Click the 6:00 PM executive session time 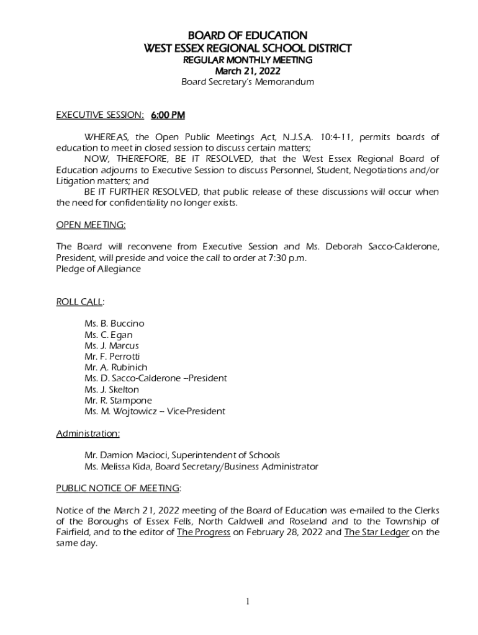coord(168,115)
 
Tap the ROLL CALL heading coord(79,301)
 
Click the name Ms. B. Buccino coord(114,324)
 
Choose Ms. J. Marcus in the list coord(112,345)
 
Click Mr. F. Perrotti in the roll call coord(112,357)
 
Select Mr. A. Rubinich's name coord(116,367)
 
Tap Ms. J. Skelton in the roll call coord(112,389)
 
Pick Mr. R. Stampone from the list coord(118,401)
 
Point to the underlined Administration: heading coord(88,433)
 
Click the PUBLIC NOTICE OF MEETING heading coord(118,488)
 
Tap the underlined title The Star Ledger coord(376,532)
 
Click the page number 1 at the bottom coord(247,602)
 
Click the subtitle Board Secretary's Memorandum coord(247,82)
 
